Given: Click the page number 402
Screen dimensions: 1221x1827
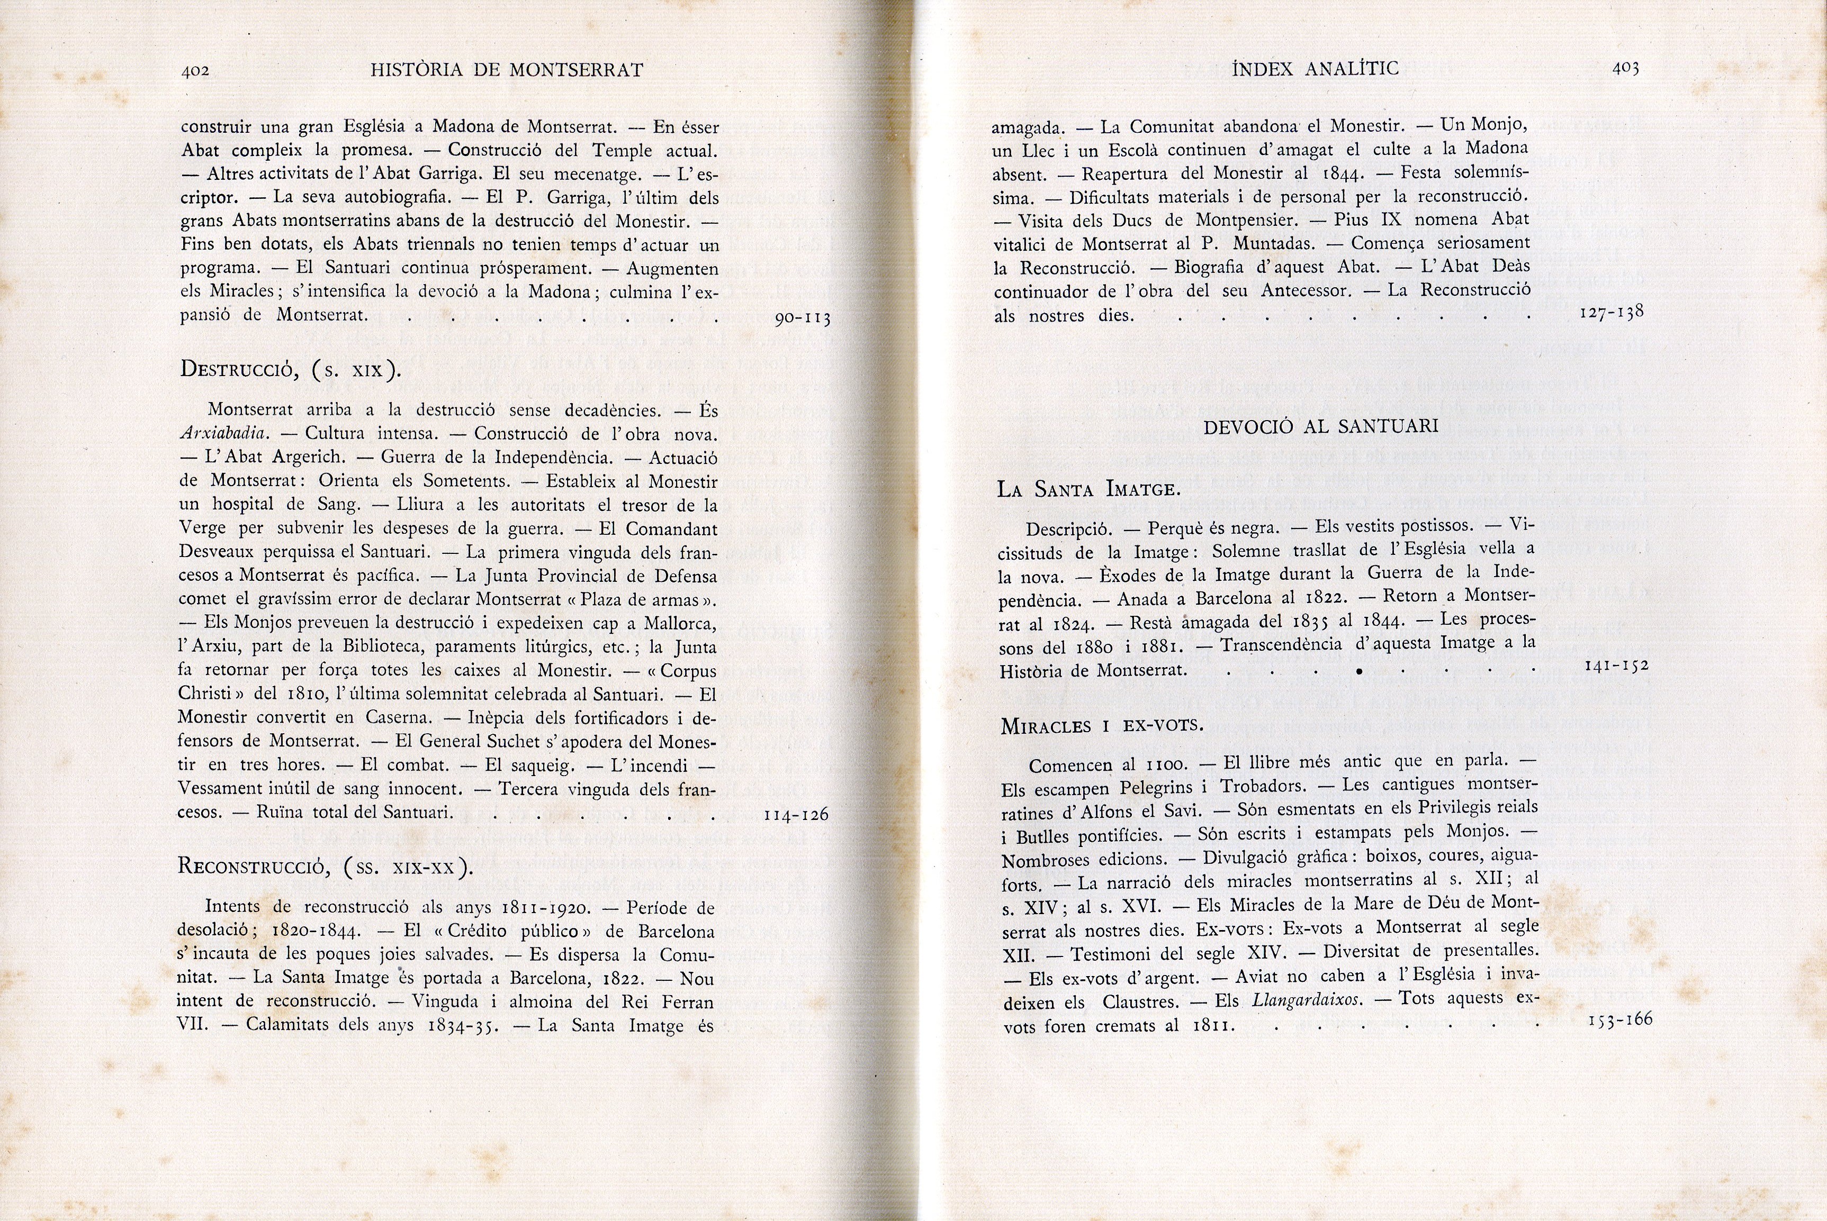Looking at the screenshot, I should pos(195,71).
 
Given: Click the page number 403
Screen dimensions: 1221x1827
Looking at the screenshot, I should pos(1625,69).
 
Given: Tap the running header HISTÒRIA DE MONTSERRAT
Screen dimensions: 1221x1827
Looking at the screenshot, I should pos(507,70).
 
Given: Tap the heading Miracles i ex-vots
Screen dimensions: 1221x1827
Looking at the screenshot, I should pos(1102,726).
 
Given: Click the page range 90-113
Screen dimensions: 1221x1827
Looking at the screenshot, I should pos(803,318).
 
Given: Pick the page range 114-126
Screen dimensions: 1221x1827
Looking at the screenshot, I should pos(796,815).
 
